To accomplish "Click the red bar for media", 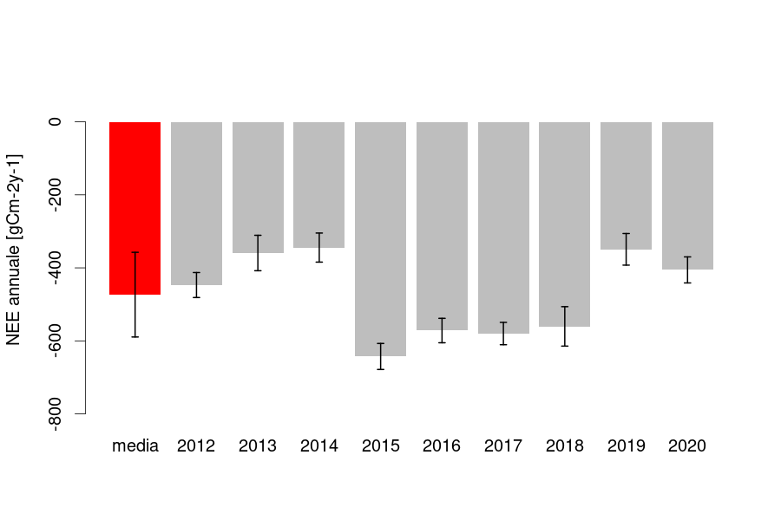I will click(x=135, y=208).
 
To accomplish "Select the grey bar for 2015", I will click(x=380, y=238).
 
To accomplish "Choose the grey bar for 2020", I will click(x=687, y=195).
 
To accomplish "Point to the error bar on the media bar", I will click(x=135, y=295).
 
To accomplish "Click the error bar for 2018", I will click(x=564, y=326).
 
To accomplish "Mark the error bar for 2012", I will click(x=196, y=285).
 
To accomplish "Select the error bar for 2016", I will click(x=442, y=330).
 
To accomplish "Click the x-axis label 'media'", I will click(x=135, y=446).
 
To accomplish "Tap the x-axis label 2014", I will click(x=318, y=446).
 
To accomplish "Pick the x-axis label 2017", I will click(x=503, y=446).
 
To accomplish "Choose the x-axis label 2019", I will click(x=626, y=446).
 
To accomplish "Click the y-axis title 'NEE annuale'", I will click(x=15, y=250).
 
